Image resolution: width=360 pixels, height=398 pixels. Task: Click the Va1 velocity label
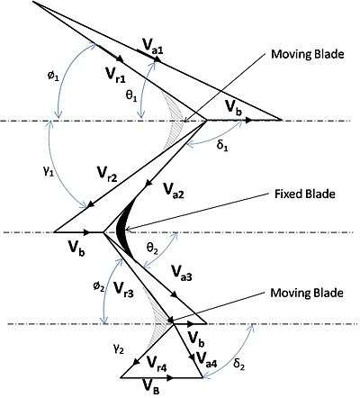[153, 46]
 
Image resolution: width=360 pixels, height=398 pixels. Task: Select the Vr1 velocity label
[116, 75]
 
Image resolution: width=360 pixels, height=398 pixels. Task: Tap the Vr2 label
[107, 174]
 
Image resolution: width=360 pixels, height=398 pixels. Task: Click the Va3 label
[181, 273]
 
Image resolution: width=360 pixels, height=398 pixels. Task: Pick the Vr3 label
[123, 289]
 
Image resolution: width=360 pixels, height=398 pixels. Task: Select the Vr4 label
[157, 363]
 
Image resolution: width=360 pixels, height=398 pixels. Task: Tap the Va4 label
[206, 358]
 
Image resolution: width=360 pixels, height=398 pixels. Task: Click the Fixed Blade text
[305, 194]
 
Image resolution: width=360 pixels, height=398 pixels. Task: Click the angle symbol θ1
[131, 96]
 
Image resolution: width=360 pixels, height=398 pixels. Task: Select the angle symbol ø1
[53, 76]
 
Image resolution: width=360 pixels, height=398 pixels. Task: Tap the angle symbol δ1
[222, 147]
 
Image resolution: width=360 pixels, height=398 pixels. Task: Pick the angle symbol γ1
[49, 172]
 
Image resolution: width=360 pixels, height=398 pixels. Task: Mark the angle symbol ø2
[98, 286]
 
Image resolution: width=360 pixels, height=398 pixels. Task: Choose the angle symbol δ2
[238, 366]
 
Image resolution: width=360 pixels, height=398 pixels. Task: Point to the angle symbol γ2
[119, 348]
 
